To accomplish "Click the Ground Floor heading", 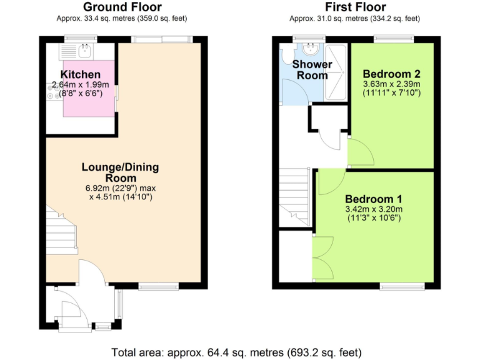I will point(122,7).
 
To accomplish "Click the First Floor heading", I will point(353,7).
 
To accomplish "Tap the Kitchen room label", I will point(81,75).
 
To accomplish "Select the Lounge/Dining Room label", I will point(121,172).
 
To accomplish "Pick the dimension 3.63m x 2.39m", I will point(392,84).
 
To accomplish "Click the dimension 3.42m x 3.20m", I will point(374,209).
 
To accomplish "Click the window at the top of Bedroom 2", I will point(394,39).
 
